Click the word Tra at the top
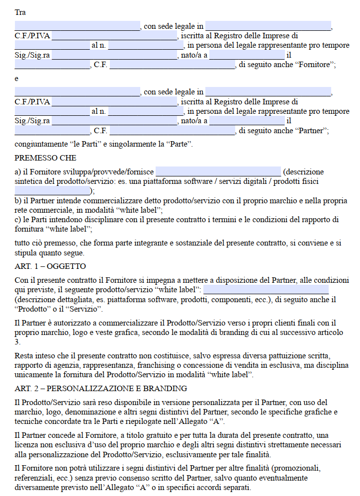click(20, 12)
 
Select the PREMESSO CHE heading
click(45, 158)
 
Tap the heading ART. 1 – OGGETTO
click(50, 266)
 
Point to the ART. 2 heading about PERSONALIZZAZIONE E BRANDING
click(100, 388)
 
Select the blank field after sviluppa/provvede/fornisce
click(218, 172)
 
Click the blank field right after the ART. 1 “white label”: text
click(266, 289)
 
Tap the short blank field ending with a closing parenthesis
click(52, 191)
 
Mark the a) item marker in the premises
click(18, 172)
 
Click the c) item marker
click(18, 219)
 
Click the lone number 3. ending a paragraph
click(17, 342)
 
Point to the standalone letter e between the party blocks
click(16, 79)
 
